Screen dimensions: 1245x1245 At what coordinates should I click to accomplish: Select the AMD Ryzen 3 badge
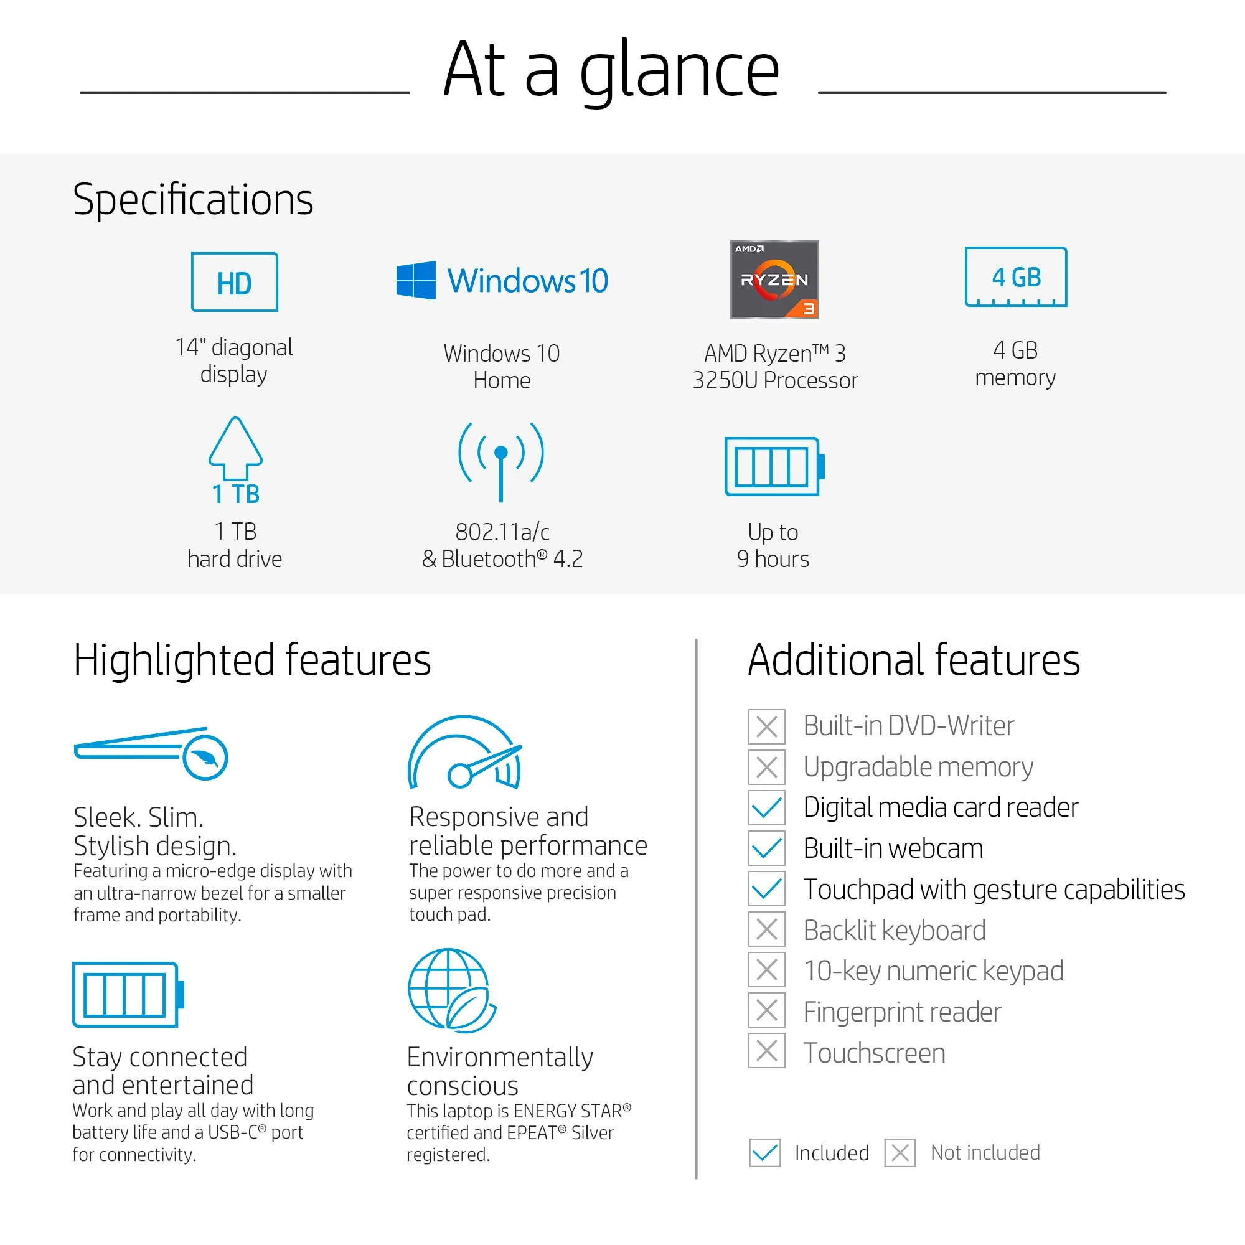(774, 280)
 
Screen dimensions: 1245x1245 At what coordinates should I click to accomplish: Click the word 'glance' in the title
(680, 72)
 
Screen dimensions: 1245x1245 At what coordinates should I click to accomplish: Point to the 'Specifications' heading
(194, 200)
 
